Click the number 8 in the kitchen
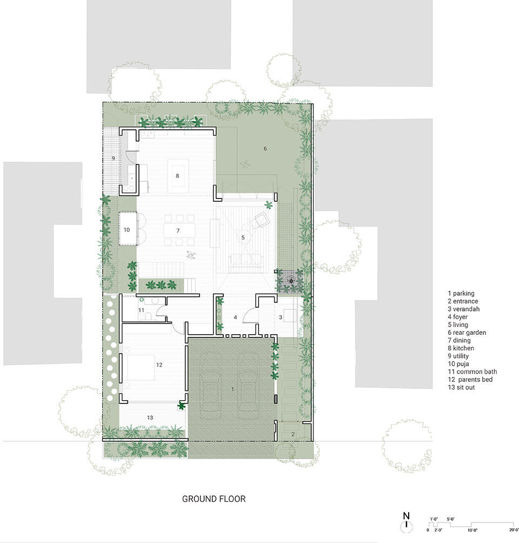[x=177, y=176]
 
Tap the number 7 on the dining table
[x=178, y=230]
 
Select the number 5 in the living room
[x=243, y=237]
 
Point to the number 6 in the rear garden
[x=265, y=149]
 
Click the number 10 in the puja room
[x=127, y=230]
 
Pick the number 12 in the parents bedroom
[x=159, y=365]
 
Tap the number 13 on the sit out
[x=150, y=418]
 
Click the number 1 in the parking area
[x=232, y=389]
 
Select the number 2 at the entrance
[x=293, y=434]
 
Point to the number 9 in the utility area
[x=113, y=158]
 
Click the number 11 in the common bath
[x=141, y=310]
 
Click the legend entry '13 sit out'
[x=461, y=387]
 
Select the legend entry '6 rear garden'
[x=467, y=333]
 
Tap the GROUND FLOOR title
[x=214, y=499]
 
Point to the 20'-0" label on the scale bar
[x=514, y=530]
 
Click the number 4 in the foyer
[x=235, y=317]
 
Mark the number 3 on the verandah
[x=281, y=317]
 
